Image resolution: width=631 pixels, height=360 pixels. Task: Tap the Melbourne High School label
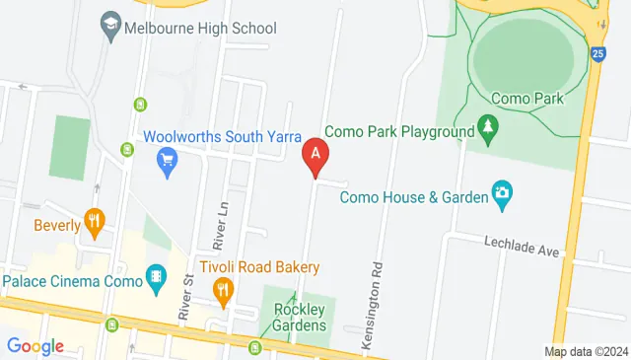pos(200,28)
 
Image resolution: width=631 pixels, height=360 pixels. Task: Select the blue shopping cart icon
pos(167,160)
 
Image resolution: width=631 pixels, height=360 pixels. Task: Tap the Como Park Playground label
pos(399,130)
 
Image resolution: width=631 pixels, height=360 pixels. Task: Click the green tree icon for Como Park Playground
pos(486,128)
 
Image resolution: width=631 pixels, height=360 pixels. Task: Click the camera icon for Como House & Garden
pos(503,196)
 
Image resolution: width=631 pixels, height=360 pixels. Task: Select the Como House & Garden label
pos(414,197)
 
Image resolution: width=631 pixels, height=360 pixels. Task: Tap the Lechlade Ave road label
pos(522,246)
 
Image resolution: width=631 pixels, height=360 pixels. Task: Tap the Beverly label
pos(57,225)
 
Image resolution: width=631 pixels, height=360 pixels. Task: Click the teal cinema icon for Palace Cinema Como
pos(155,279)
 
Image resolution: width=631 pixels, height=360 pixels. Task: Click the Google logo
pos(35,346)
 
